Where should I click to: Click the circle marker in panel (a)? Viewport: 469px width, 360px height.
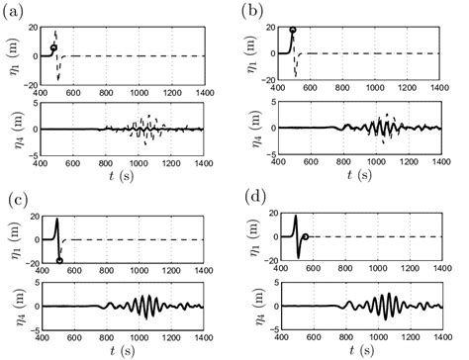[x=53, y=47]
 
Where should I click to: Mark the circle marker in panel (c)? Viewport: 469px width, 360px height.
[x=59, y=261]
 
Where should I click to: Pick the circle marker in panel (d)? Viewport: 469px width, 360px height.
[x=306, y=237]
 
